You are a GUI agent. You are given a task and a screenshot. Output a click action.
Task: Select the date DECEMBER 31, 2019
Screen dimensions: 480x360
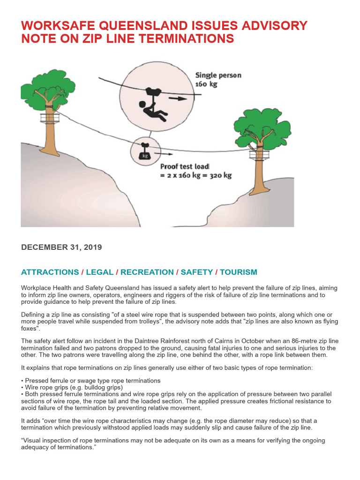(61, 247)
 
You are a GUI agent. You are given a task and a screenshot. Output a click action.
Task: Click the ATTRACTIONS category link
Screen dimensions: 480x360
(50, 272)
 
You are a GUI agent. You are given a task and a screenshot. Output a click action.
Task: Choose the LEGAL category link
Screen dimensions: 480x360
(100, 272)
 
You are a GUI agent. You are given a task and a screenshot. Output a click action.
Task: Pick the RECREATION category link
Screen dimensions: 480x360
(147, 272)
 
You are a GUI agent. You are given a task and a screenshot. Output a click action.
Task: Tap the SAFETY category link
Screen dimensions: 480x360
(196, 272)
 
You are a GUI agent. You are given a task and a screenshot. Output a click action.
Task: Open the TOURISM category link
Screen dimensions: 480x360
(238, 272)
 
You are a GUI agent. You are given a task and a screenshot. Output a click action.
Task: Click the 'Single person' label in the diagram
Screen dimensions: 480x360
(218, 75)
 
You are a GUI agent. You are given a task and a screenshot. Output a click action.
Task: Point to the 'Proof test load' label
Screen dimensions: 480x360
(185, 166)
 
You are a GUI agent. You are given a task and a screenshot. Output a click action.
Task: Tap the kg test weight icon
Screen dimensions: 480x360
(145, 154)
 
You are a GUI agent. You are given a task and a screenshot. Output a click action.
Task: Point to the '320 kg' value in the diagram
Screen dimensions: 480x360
(221, 176)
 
